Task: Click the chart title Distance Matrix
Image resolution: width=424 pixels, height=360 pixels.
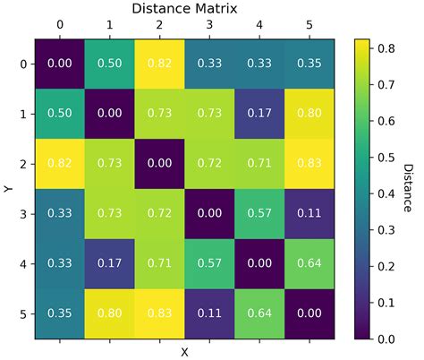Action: tap(184, 8)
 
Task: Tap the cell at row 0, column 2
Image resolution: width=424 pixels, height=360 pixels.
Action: tap(159, 64)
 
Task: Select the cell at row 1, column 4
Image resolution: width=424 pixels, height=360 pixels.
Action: tap(259, 114)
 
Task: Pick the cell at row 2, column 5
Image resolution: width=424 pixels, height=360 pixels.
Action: tap(310, 164)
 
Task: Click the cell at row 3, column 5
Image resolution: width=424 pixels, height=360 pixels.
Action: tap(310, 214)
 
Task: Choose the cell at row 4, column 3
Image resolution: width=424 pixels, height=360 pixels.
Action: tap(209, 264)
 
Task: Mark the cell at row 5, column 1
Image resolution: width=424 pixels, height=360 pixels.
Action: tap(109, 314)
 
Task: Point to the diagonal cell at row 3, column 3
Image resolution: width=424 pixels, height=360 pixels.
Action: tap(209, 214)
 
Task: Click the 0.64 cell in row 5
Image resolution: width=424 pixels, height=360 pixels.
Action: tap(259, 314)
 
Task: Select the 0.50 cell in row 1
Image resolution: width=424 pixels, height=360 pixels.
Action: tap(59, 114)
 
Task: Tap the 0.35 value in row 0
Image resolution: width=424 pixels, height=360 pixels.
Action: tap(310, 64)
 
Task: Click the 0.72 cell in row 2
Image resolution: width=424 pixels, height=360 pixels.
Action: tap(209, 164)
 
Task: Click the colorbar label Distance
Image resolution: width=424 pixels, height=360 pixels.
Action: tap(408, 189)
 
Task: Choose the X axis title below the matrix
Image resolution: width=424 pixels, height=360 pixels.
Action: tap(184, 352)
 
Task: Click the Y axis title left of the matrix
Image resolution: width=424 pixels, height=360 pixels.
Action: tap(6, 189)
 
